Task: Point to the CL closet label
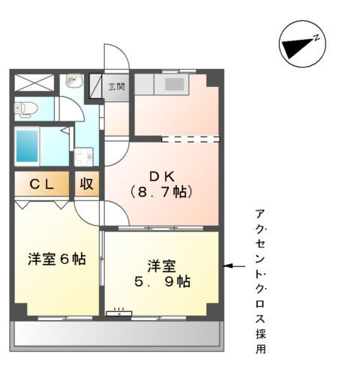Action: (42, 184)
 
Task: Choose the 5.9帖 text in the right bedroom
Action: (161, 283)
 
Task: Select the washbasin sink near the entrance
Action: (73, 81)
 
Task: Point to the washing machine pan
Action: (83, 158)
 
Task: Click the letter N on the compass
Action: (317, 37)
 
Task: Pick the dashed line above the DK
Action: (190, 139)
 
